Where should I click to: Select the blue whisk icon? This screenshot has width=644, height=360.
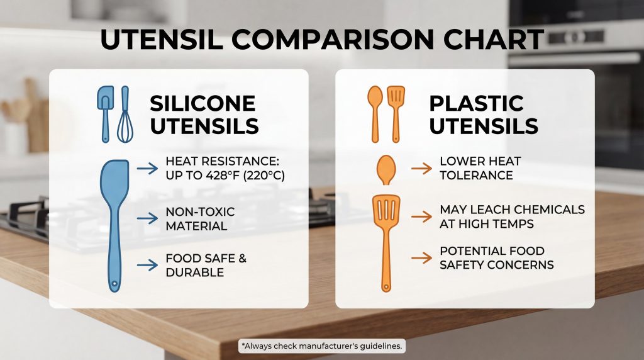[x=125, y=115]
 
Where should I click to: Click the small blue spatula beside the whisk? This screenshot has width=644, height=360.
[x=106, y=115]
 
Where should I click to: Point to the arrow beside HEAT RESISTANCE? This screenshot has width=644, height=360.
[x=147, y=168]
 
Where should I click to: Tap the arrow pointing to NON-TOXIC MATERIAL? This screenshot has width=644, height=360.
[x=147, y=218]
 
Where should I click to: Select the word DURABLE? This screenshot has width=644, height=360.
[x=195, y=273]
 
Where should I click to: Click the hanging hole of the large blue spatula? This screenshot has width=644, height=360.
[x=114, y=283]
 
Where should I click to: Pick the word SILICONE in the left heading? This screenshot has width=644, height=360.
[x=203, y=103]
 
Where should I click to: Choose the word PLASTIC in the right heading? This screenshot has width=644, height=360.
[x=477, y=103]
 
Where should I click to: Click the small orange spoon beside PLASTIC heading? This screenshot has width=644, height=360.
[x=375, y=115]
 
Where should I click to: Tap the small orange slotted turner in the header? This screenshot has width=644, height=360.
[x=396, y=115]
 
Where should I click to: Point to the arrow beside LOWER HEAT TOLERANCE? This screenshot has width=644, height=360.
[x=422, y=168]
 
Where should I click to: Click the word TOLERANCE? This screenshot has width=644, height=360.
[x=477, y=176]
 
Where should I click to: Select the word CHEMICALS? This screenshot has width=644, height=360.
[x=549, y=210]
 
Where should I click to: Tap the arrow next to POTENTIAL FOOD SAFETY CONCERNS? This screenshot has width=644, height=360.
[x=422, y=258]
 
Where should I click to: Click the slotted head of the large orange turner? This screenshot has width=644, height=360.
[x=386, y=208]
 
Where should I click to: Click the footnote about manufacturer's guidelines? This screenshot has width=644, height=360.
[x=321, y=346]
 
